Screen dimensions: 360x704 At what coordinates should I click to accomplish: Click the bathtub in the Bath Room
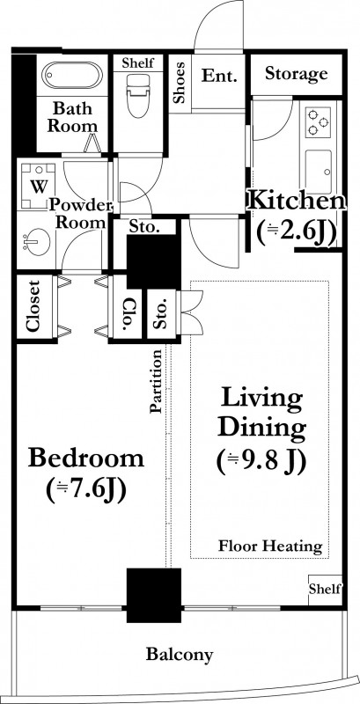click(72, 75)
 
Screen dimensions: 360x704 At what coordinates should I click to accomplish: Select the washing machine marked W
click(38, 186)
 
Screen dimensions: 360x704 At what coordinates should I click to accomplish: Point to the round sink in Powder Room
click(35, 242)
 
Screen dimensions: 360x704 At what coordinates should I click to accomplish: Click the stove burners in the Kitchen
click(319, 122)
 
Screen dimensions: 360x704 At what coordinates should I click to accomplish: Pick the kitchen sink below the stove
click(319, 171)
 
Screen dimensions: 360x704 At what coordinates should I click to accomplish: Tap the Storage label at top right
click(297, 73)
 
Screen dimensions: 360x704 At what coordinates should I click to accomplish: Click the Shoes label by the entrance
click(180, 83)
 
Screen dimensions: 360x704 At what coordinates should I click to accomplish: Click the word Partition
click(156, 381)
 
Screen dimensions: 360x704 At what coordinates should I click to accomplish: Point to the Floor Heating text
click(271, 546)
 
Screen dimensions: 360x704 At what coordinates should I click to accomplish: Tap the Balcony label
click(179, 655)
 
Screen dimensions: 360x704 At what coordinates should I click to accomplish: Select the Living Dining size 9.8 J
click(261, 461)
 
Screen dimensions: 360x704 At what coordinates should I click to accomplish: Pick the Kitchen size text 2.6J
click(297, 233)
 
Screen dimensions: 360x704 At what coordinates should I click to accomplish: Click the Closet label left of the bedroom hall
click(33, 306)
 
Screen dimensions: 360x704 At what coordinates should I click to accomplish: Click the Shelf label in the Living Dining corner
click(326, 588)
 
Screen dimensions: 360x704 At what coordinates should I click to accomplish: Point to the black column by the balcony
click(154, 596)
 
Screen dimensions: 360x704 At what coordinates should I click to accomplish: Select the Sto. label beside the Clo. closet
click(160, 314)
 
